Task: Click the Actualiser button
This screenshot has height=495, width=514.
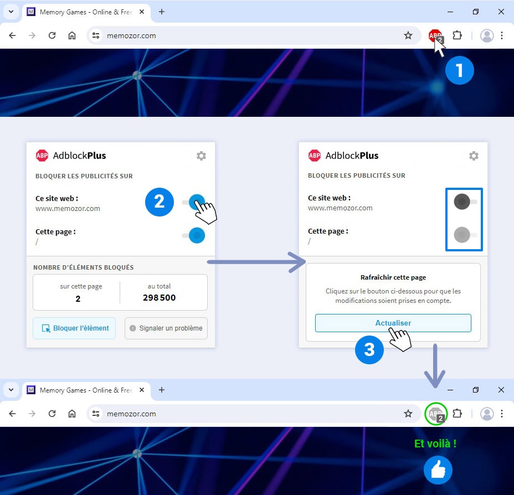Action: tap(393, 323)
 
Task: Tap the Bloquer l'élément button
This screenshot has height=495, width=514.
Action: tap(74, 328)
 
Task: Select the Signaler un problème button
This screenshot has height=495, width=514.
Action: tap(166, 328)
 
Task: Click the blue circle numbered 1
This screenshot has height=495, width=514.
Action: tap(459, 70)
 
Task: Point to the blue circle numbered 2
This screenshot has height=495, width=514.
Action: tap(160, 202)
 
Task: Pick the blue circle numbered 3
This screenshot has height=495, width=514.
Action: tap(369, 349)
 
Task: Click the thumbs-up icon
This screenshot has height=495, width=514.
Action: tap(438, 470)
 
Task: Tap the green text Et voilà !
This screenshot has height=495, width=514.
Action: tap(435, 444)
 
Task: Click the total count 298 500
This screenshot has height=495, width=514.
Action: tap(159, 297)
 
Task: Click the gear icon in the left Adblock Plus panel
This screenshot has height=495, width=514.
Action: tap(201, 156)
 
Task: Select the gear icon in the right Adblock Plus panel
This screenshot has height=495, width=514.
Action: tap(474, 156)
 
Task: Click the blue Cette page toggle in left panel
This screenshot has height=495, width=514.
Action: tap(194, 235)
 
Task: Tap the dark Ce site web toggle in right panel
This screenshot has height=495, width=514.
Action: tap(465, 202)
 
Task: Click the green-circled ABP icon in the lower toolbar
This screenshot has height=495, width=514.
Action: tap(436, 414)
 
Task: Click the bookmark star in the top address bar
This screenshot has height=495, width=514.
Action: tap(408, 35)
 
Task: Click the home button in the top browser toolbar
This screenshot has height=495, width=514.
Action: tap(72, 35)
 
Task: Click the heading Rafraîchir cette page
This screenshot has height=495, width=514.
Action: tap(393, 277)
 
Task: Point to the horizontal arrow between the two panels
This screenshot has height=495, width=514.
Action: tap(256, 262)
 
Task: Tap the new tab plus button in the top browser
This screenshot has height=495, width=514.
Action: tap(162, 12)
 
